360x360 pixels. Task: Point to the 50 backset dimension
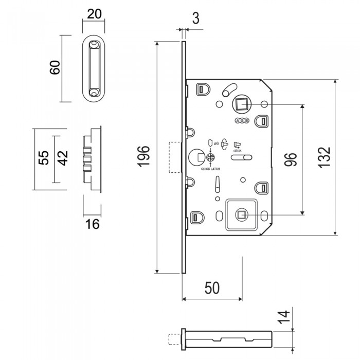click(212, 288)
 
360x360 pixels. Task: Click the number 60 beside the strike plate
click(56, 67)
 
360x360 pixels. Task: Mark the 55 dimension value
click(44, 158)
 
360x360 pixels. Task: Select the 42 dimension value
click(62, 158)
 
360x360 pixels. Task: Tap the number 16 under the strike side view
click(93, 224)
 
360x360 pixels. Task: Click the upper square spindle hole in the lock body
click(240, 104)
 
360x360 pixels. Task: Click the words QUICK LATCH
click(210, 168)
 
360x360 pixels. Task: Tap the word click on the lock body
click(237, 151)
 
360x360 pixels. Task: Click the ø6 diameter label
click(216, 143)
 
